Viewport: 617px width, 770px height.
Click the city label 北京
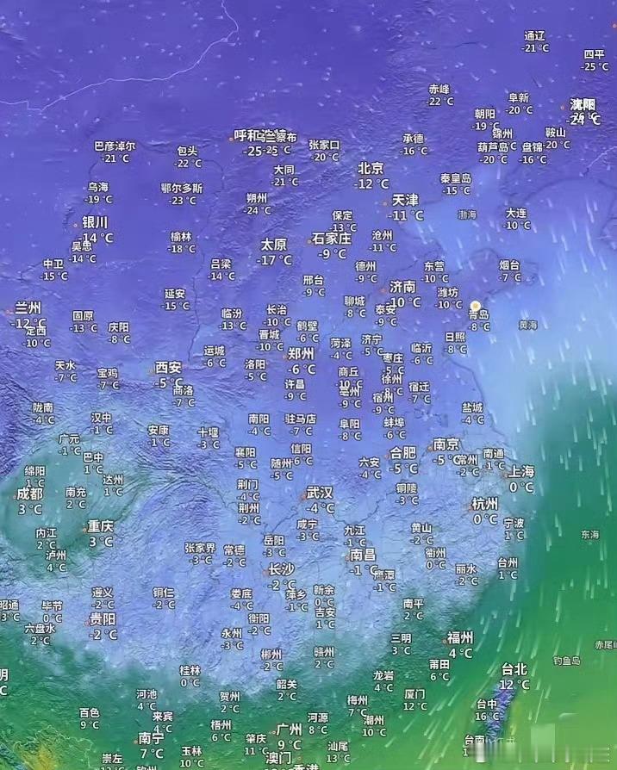(371, 169)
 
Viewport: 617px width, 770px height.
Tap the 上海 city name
(520, 471)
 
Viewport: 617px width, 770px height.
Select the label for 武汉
(319, 493)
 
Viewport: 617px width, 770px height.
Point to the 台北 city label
(514, 668)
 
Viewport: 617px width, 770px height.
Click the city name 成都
(29, 494)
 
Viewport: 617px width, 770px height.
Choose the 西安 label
(169, 367)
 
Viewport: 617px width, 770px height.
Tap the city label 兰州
(28, 308)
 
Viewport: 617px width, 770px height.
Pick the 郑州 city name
(301, 353)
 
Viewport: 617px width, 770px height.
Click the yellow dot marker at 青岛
(475, 305)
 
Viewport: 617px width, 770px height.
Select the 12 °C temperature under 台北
(514, 685)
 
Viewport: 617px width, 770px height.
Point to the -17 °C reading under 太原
(275, 260)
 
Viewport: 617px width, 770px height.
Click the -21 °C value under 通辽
(534, 48)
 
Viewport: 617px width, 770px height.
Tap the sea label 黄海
(527, 325)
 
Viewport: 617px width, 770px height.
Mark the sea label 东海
(589, 535)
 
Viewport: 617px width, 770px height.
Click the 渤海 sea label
(467, 214)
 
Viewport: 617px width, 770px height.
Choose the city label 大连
(516, 212)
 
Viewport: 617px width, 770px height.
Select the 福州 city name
(459, 637)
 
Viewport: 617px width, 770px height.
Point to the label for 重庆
(100, 525)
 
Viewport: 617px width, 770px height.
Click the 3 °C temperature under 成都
(29, 509)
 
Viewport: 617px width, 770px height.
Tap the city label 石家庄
(332, 238)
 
